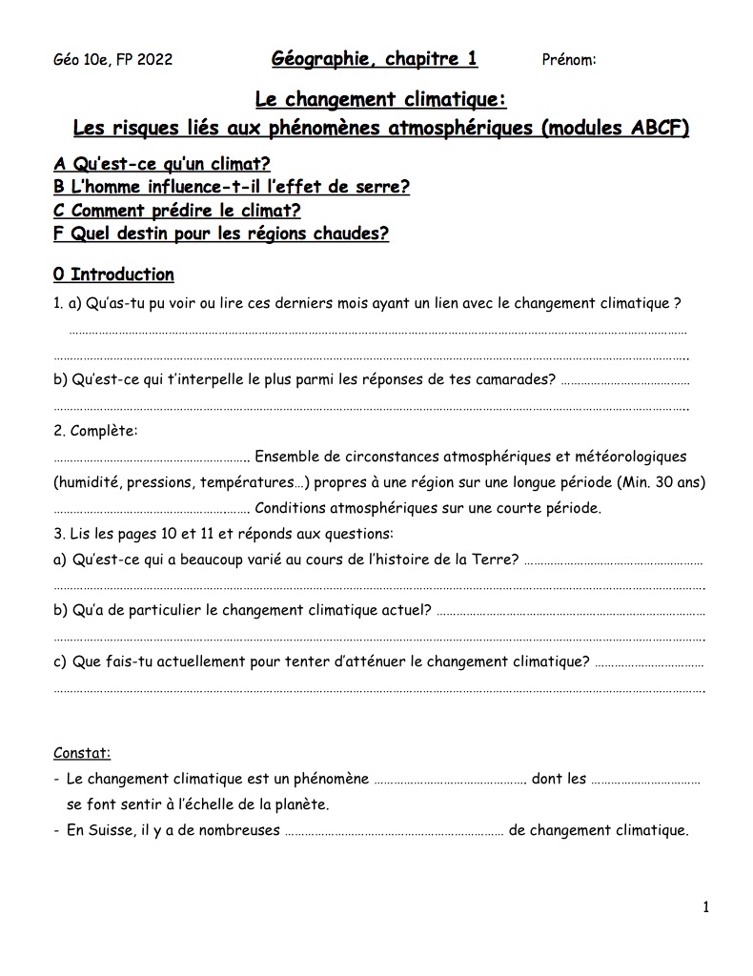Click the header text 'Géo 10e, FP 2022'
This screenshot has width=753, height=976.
coord(113,60)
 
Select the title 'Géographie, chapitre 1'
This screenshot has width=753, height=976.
coord(375,59)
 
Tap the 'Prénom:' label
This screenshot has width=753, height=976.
coord(569,60)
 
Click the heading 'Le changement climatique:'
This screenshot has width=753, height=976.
coord(380,99)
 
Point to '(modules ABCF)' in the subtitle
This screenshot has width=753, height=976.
coord(615,128)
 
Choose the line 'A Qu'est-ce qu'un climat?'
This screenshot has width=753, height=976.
coord(162,164)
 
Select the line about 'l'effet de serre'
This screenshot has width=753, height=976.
coord(232,187)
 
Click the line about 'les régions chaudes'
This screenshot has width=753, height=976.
coord(221,234)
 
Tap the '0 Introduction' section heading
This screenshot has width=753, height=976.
coord(113,274)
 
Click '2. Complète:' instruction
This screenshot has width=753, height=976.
coord(96,431)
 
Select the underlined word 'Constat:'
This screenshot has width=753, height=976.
coord(82,753)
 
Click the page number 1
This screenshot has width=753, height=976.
coord(705,907)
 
